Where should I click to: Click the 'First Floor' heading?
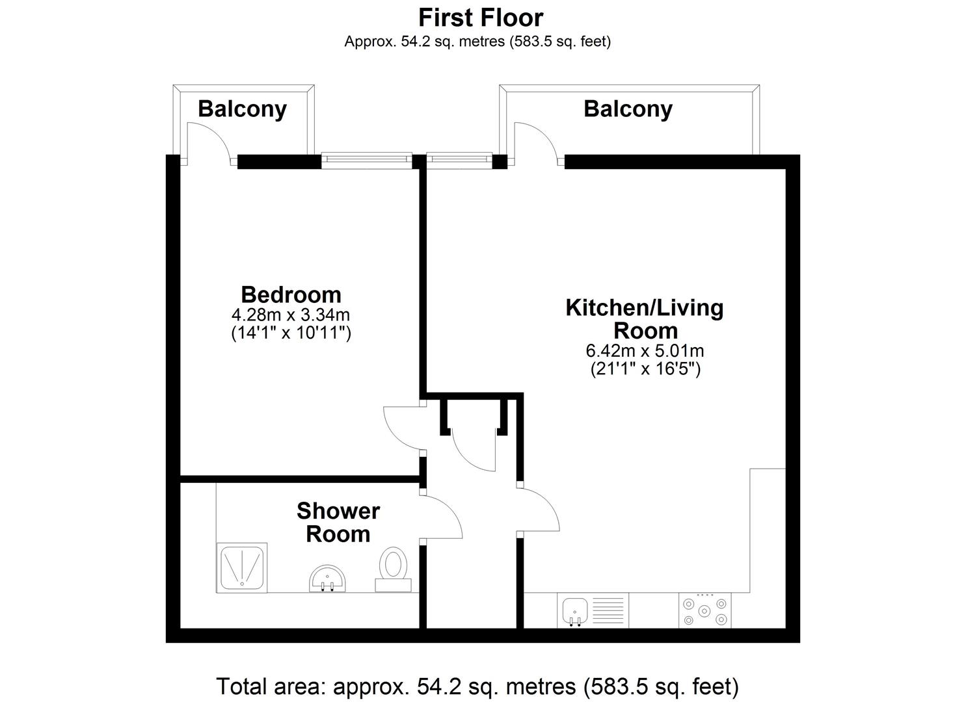point(481,18)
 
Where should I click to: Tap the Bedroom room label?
point(291,295)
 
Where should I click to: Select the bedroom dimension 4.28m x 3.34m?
point(291,315)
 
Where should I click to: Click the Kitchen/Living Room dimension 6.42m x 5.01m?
point(645,351)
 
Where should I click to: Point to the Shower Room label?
point(338,523)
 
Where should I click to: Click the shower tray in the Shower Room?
point(242,567)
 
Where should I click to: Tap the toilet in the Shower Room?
point(394,569)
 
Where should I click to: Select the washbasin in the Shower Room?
point(327,578)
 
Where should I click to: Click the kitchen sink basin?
point(575,611)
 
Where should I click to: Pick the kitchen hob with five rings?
point(704,610)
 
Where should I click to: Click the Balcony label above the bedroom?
point(243,109)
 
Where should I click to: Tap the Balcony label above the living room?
point(628,109)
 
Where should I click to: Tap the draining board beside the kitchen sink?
point(608,610)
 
